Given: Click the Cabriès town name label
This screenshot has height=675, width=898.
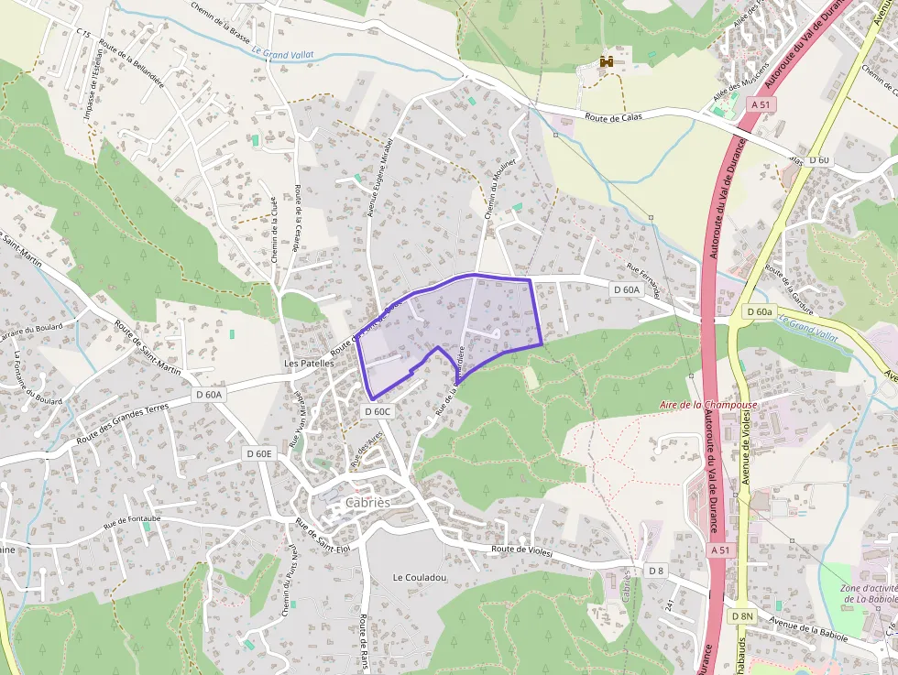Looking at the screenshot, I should pyautogui.click(x=367, y=503).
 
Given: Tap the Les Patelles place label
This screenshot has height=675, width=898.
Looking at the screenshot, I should pyautogui.click(x=310, y=363).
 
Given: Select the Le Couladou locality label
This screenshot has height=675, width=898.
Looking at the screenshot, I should pyautogui.click(x=420, y=577).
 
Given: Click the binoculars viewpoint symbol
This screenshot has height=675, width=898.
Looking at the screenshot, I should pyautogui.click(x=607, y=61).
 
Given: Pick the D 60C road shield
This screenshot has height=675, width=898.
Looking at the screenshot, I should pyautogui.click(x=378, y=411).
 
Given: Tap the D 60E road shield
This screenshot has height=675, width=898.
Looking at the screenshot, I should pyautogui.click(x=260, y=453).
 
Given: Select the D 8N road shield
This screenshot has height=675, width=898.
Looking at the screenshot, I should pyautogui.click(x=742, y=616).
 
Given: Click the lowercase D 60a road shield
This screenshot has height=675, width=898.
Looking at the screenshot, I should pyautogui.click(x=760, y=311).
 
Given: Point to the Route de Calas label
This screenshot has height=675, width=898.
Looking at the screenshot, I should pyautogui.click(x=615, y=116).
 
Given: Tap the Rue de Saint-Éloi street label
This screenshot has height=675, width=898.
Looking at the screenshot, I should pyautogui.click(x=323, y=535).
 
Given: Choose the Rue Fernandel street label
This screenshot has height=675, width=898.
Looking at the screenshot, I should pyautogui.click(x=643, y=279).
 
